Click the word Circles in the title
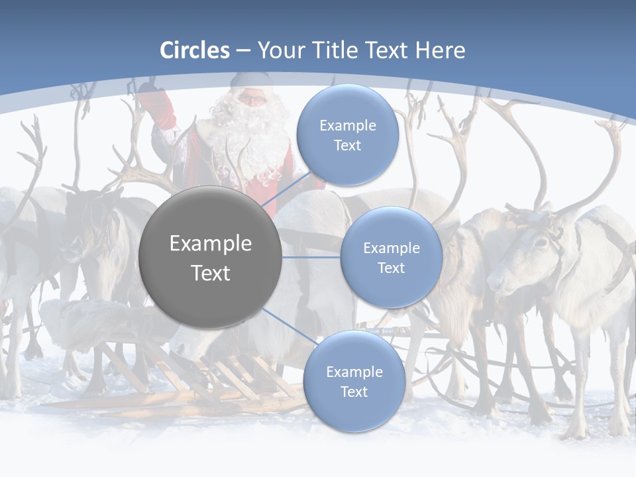pos(194,50)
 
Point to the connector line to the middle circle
pos(311,257)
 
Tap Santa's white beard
pos(255,142)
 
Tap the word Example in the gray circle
pos(211,244)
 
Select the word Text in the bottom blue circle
pos(354,392)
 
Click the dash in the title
pos(243,50)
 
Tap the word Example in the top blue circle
pos(347,126)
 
